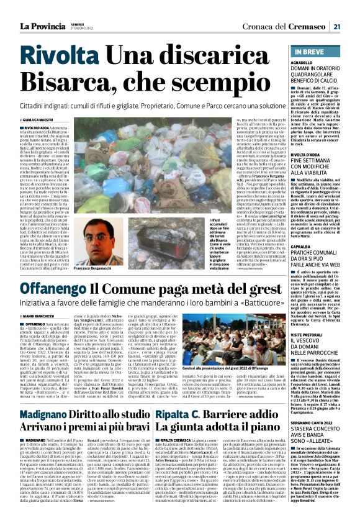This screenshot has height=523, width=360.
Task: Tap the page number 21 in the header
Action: coord(336,26)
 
